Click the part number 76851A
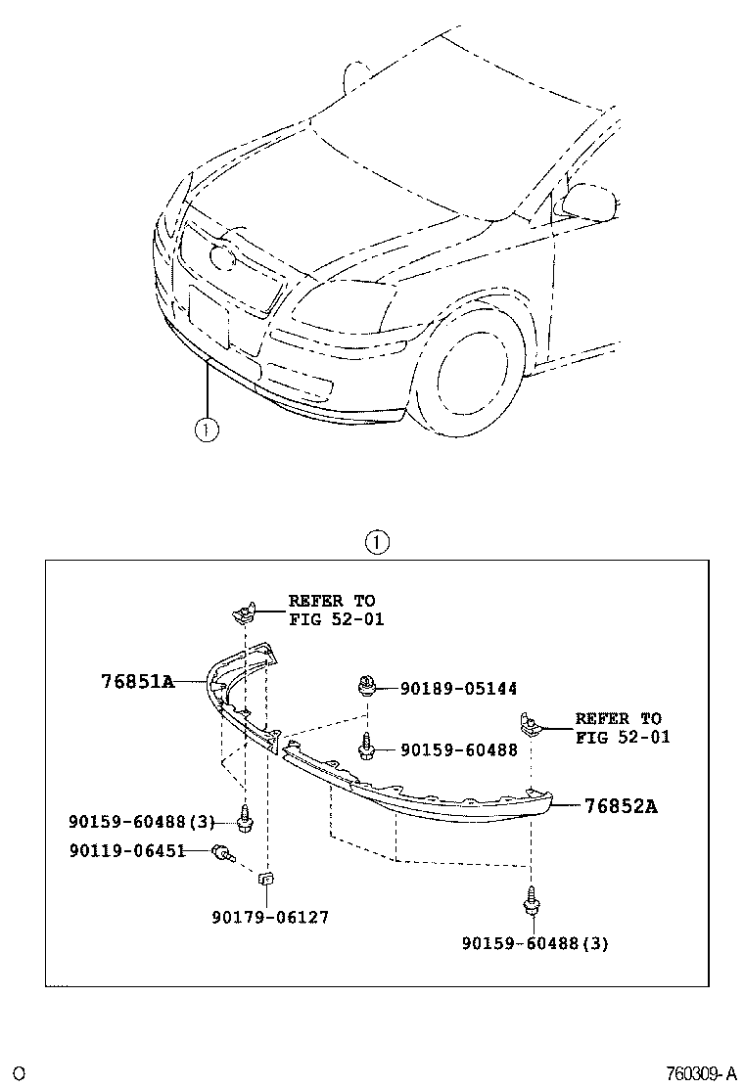click(138, 681)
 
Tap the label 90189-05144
click(458, 689)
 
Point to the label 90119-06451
click(127, 850)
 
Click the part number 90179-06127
click(270, 918)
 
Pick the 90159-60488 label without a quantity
click(459, 749)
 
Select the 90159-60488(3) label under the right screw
click(535, 943)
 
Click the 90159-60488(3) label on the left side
click(142, 822)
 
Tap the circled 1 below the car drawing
click(207, 430)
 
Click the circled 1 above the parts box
click(376, 542)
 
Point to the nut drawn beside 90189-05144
click(367, 686)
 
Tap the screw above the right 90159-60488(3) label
click(532, 900)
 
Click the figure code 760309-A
click(701, 1074)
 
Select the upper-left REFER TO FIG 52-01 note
click(336, 610)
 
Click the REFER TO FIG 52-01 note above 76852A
click(623, 728)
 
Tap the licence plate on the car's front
click(209, 316)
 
